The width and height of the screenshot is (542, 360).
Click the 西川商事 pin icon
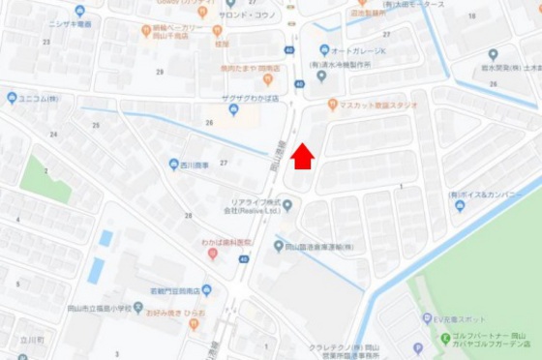click(x=173, y=165)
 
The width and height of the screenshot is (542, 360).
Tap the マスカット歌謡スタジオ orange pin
click(x=332, y=105)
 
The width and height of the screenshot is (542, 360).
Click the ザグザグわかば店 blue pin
click(x=233, y=109)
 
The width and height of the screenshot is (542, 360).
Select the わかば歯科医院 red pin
click(x=212, y=254)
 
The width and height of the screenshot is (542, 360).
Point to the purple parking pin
click(x=418, y=346)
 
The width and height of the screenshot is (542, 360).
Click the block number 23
click(x=45, y=43)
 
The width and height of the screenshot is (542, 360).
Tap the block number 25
click(x=95, y=125)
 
